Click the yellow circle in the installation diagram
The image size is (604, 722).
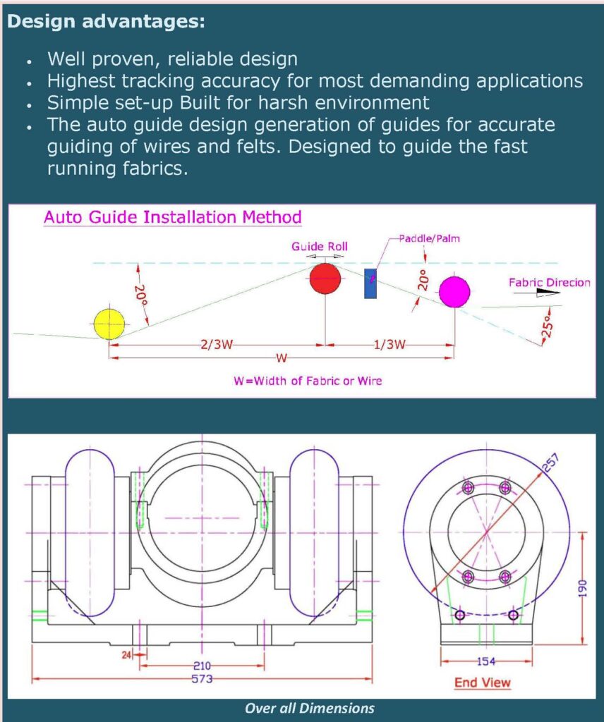(x=109, y=324)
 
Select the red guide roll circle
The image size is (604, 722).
(x=325, y=279)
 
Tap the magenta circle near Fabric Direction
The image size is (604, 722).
(x=454, y=292)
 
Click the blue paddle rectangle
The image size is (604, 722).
(x=370, y=283)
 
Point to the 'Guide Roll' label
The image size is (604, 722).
(x=320, y=247)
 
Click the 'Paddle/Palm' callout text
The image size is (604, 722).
(x=429, y=238)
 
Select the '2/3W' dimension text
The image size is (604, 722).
(x=217, y=345)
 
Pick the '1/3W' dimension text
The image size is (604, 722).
(x=389, y=345)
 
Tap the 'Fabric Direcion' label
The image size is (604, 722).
(x=549, y=283)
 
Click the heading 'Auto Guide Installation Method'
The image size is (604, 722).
(x=173, y=217)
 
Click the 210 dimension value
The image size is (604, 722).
(x=202, y=665)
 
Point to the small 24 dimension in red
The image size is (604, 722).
(x=127, y=654)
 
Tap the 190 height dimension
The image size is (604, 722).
(x=582, y=587)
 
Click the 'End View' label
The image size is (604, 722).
(x=483, y=683)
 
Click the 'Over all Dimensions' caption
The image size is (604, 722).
(x=309, y=708)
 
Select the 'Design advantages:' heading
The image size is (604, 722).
(x=107, y=22)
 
